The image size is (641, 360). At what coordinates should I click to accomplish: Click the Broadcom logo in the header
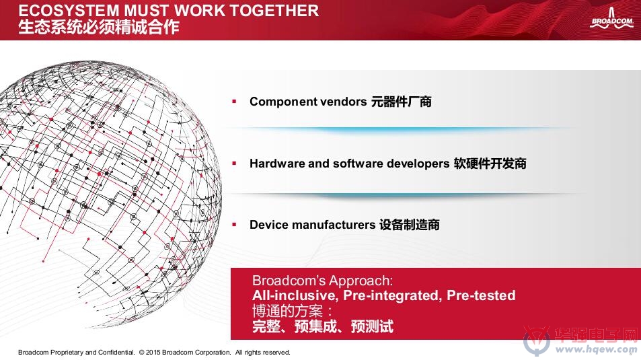point(611,19)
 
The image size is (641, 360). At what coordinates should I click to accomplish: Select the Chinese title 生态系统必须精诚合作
point(98,27)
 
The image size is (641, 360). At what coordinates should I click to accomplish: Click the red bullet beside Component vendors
point(234,101)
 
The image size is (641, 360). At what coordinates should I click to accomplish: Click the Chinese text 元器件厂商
point(401,102)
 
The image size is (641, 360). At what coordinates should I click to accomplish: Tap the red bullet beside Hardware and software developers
point(234,164)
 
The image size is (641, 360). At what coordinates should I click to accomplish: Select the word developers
point(418,164)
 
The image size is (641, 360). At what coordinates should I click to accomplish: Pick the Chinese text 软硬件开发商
point(490,164)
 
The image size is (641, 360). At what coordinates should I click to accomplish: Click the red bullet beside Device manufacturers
point(234,224)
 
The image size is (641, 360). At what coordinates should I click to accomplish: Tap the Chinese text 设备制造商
point(409,225)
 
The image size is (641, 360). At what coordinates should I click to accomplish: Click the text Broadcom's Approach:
point(323,281)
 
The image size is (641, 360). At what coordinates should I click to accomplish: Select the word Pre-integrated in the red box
point(392,295)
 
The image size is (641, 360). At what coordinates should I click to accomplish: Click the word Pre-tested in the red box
point(481,295)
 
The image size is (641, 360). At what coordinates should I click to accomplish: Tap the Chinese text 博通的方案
point(287,312)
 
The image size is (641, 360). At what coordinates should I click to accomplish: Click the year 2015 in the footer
point(153,352)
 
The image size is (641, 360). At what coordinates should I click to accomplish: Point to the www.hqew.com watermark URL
point(596,349)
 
